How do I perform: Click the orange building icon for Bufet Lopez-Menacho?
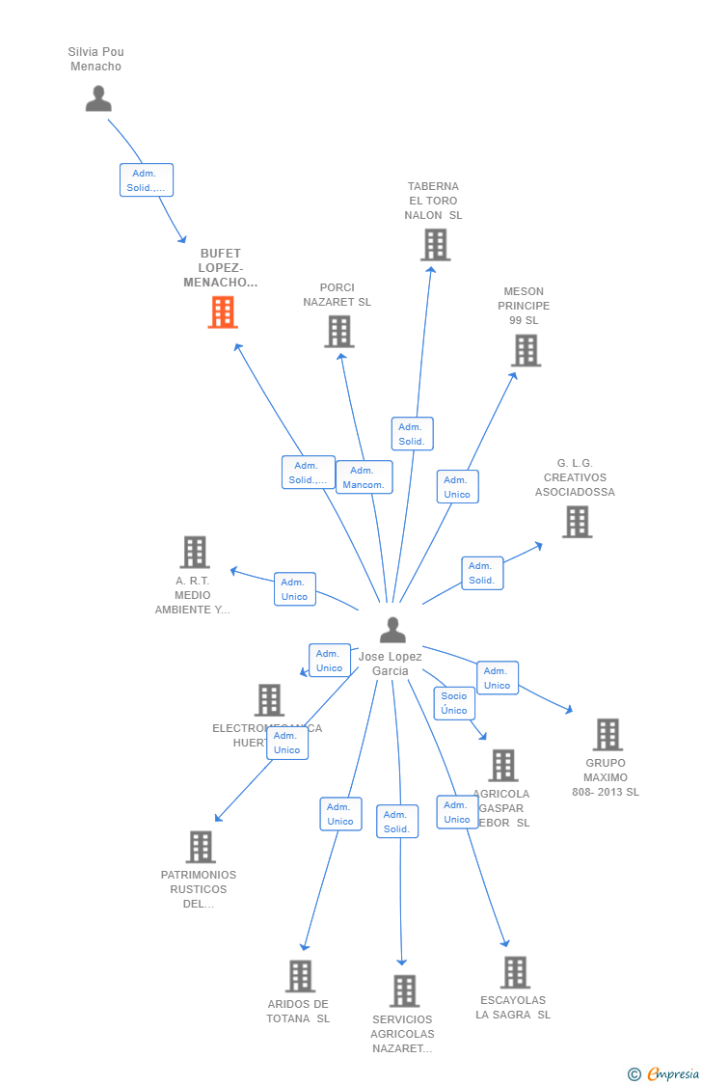[223, 312]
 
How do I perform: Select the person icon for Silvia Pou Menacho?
[98, 98]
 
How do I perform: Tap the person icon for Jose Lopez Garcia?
[392, 630]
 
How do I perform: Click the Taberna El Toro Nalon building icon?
[435, 245]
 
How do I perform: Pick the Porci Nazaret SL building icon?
[338, 332]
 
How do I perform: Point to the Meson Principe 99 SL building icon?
[526, 351]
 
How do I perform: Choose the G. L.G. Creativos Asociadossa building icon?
[577, 522]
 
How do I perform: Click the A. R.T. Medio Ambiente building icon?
[195, 553]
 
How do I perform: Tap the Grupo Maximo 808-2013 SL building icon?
[607, 735]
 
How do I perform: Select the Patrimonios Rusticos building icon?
[200, 847]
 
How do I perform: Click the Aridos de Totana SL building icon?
[300, 976]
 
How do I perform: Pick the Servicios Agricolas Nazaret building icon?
[404, 990]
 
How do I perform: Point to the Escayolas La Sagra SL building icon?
[515, 972]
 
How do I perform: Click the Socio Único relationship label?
[454, 703]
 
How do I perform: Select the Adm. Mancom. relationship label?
[364, 477]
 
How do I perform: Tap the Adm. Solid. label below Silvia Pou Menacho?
[147, 180]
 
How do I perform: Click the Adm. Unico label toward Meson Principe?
[457, 487]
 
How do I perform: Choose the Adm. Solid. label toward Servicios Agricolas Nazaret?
[396, 822]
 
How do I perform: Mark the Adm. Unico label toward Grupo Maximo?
[497, 678]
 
